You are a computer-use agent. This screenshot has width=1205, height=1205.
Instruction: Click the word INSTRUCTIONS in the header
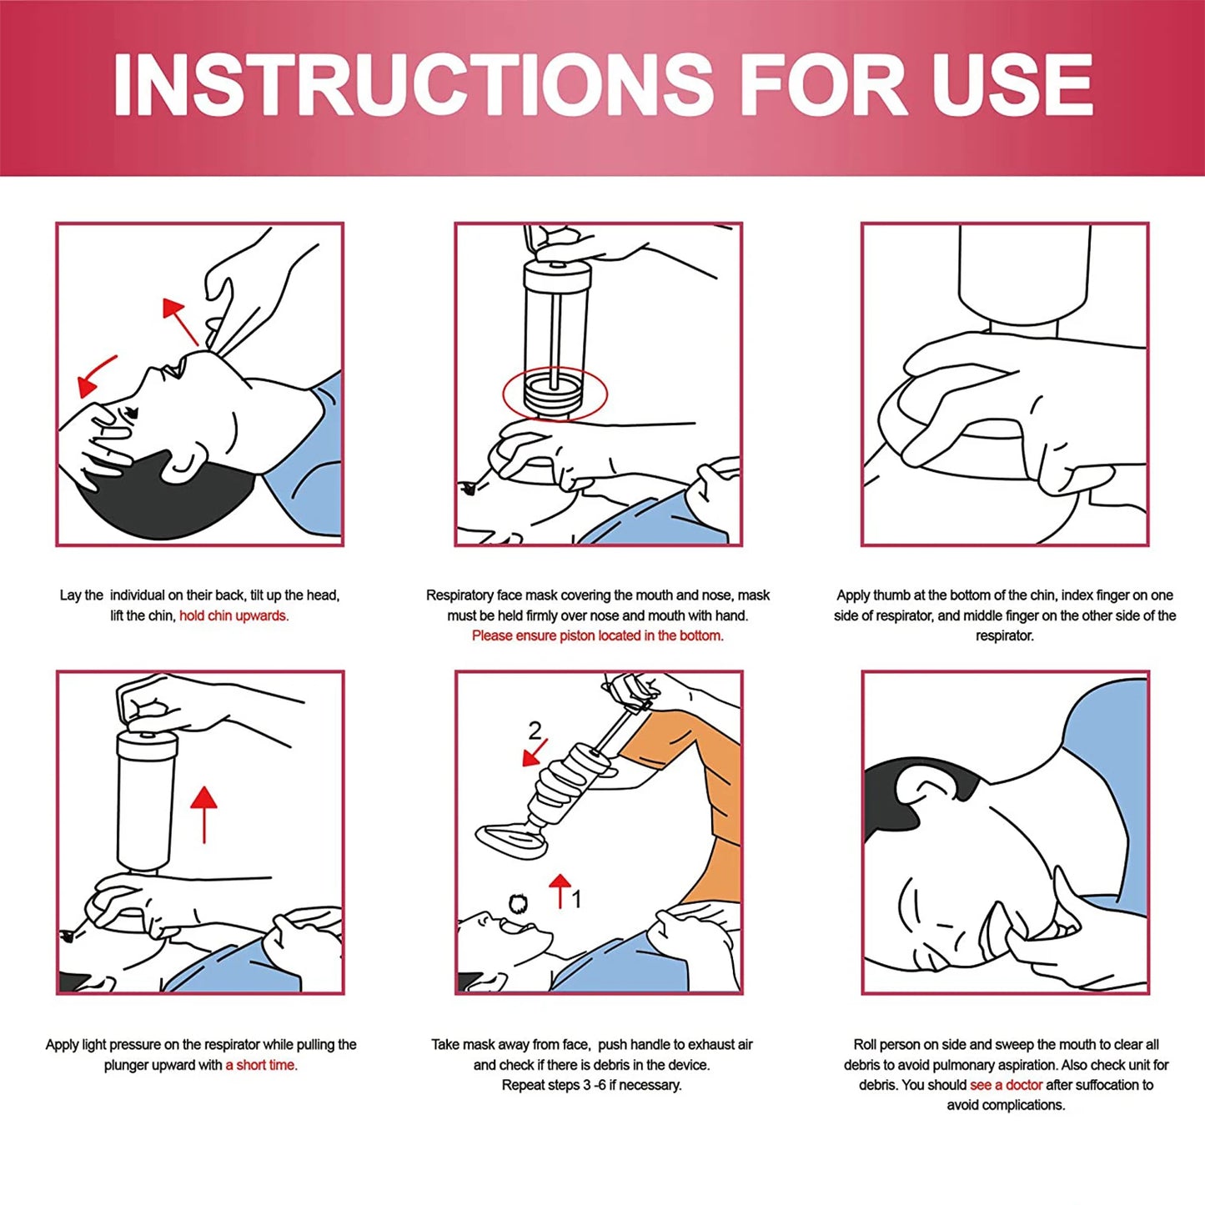point(413,85)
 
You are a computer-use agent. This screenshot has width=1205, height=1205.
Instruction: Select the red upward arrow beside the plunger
point(203,813)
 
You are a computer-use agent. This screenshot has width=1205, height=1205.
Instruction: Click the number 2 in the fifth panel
point(535,731)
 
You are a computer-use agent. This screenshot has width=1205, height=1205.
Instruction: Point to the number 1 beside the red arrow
point(576,899)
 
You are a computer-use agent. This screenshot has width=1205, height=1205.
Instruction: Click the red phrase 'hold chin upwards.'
point(233,616)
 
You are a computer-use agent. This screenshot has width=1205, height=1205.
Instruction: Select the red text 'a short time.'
point(261,1065)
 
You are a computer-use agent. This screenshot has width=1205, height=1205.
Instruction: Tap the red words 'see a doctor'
point(1006,1085)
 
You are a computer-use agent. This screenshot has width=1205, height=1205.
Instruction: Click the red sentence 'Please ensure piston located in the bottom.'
point(597,636)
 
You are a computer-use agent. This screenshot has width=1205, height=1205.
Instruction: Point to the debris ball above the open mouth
point(518,904)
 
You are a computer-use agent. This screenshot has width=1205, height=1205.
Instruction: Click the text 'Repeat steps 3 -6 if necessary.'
point(591,1085)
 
